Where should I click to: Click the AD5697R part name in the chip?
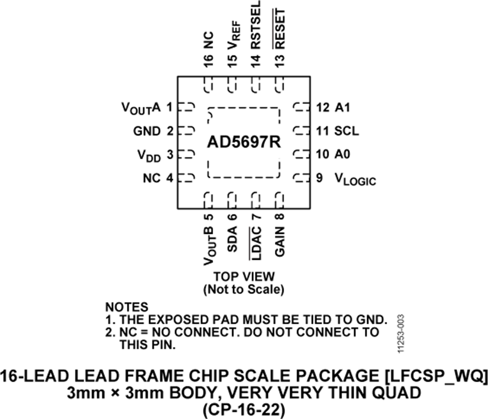(x=244, y=142)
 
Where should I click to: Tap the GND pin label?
(x=147, y=131)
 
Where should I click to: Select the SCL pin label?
(x=346, y=131)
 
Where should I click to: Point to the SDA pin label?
(x=233, y=239)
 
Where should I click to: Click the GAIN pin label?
(x=280, y=241)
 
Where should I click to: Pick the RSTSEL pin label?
(x=255, y=25)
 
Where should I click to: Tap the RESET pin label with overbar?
(x=279, y=29)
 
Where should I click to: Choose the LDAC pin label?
(x=255, y=243)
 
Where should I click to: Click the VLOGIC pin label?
(x=355, y=180)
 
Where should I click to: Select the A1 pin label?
(x=342, y=108)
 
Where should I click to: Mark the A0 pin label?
(x=342, y=154)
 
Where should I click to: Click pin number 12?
(x=323, y=108)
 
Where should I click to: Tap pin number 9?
(x=319, y=178)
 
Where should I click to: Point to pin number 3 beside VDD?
(x=170, y=154)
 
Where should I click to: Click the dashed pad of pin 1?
(x=187, y=107)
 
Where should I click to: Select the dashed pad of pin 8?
(x=279, y=200)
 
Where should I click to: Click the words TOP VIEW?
(x=244, y=276)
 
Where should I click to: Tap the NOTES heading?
(x=127, y=307)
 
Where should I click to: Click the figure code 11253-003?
(x=401, y=333)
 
